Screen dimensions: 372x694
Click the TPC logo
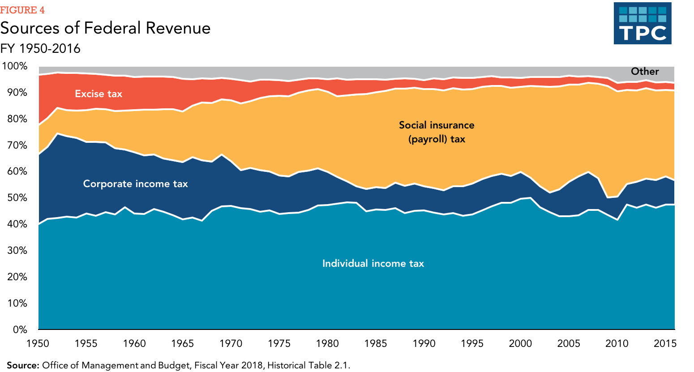point(642,23)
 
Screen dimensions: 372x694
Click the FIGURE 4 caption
point(22,10)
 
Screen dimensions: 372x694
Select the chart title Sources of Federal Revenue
point(105,28)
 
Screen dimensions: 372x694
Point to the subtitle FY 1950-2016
point(40,48)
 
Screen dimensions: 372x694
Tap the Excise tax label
point(99,94)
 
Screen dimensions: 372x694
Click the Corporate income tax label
point(135,184)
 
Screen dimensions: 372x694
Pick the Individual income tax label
point(373,264)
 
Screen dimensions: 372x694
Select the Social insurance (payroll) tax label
point(437,132)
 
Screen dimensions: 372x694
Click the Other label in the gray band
point(645,72)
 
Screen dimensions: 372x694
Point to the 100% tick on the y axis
point(15,66)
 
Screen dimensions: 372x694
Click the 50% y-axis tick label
point(17,198)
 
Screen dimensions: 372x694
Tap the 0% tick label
point(20,330)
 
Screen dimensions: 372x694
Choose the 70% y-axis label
point(17,145)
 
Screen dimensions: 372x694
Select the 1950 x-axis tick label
point(38,344)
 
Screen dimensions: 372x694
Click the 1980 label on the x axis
point(327,344)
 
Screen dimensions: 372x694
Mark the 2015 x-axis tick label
point(665,344)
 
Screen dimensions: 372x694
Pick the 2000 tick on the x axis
point(520,344)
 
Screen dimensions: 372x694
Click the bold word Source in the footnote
point(23,365)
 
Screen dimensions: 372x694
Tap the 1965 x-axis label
point(183,344)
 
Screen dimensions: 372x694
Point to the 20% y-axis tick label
point(17,277)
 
